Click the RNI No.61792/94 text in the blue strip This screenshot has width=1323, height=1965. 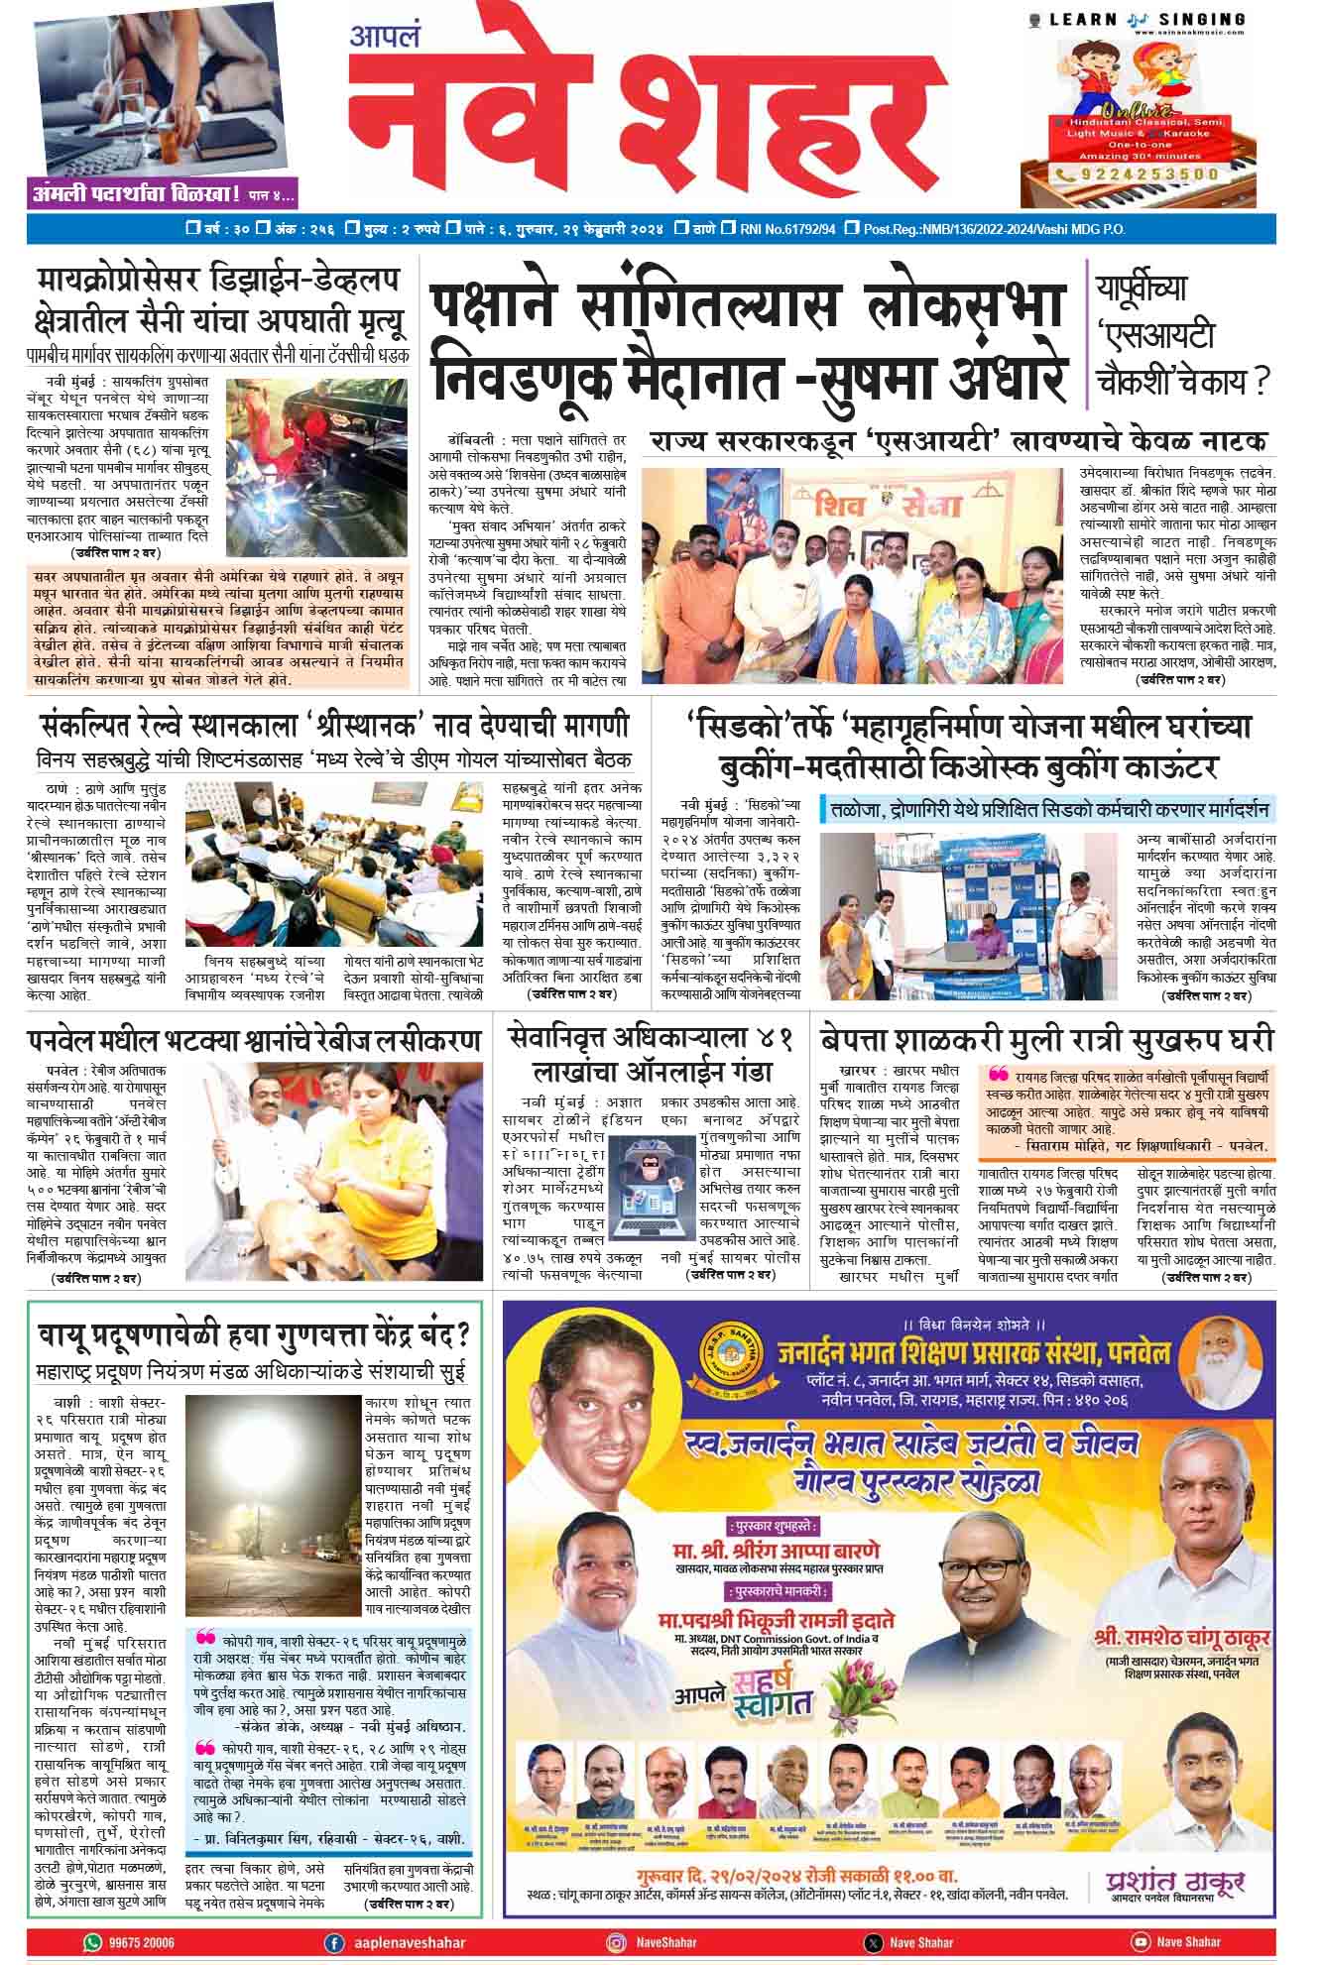787,229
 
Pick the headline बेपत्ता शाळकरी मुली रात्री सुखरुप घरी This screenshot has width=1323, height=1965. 1046,1041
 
